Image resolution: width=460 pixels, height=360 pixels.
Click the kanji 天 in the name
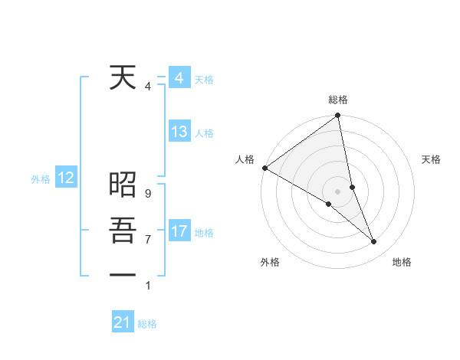coord(123,78)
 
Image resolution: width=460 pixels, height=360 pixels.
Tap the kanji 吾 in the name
coord(123,230)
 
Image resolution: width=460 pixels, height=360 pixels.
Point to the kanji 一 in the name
coord(123,274)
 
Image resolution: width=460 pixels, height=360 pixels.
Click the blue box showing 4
coord(179,79)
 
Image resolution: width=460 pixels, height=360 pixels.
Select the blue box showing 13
coord(179,132)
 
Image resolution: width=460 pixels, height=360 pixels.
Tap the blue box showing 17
coord(179,231)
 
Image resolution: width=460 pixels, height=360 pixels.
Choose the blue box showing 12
coord(66,178)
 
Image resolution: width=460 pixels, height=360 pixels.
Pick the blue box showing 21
coord(123,322)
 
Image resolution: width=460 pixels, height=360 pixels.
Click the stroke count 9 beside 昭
coord(147,195)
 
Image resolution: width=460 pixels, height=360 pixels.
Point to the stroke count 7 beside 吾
coord(147,240)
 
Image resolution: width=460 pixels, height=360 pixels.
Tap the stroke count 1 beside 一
coord(147,286)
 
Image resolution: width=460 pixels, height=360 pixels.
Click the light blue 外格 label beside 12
coord(41,179)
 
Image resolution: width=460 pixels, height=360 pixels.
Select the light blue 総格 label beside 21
coord(147,324)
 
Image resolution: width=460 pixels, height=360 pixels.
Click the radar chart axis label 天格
coord(432,160)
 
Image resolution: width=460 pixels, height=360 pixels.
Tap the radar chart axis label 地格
coord(402,262)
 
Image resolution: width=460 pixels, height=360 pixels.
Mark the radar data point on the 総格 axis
coord(338,116)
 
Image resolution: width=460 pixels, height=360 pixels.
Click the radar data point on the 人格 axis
coord(264,168)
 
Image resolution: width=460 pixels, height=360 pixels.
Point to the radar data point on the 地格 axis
coord(374,242)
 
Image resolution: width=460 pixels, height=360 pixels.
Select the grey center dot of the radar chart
coord(337,191)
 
